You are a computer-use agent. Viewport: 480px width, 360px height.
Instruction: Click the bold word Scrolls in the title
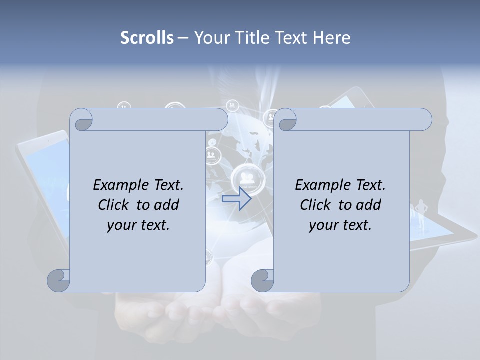147,38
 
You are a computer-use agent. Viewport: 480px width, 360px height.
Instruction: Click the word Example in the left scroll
115,185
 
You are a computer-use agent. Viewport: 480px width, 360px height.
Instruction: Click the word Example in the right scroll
317,185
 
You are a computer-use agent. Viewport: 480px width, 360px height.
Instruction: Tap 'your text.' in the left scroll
138,225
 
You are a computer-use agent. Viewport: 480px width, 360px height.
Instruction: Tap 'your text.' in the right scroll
340,225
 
